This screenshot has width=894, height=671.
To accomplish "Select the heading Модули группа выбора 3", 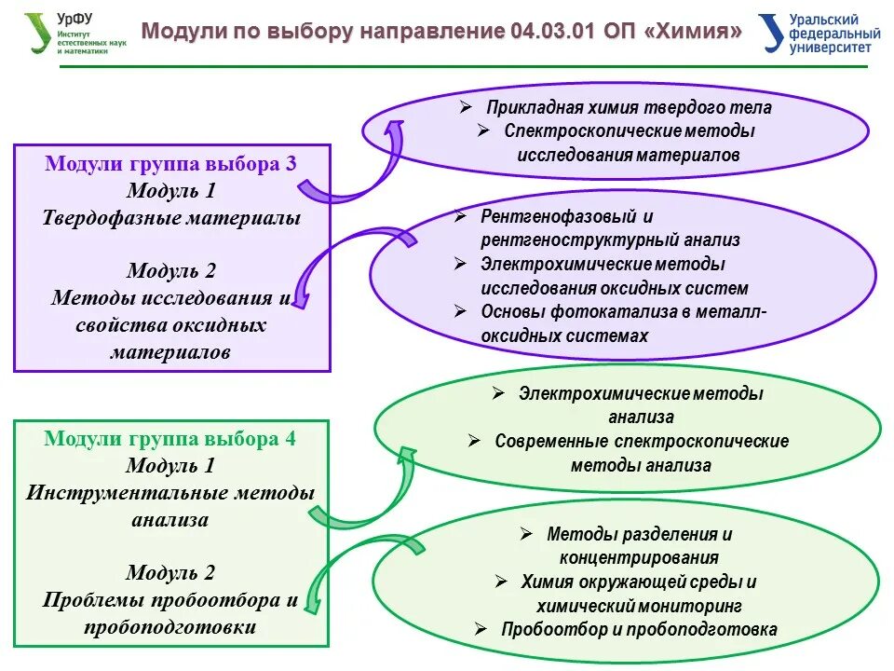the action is (x=171, y=164).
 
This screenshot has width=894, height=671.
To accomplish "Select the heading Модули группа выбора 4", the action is (x=171, y=438).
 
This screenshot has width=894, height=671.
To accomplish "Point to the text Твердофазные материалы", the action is (x=171, y=218).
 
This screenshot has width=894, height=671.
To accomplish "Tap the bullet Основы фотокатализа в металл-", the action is (x=623, y=311).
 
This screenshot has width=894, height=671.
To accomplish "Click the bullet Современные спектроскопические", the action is (x=641, y=441).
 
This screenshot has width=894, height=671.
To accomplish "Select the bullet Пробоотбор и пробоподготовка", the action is (x=638, y=629).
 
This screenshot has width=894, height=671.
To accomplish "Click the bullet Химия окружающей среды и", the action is (x=638, y=582).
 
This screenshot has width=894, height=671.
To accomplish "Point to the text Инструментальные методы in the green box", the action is (x=171, y=492).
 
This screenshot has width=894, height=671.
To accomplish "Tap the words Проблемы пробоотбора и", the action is (x=171, y=599).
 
